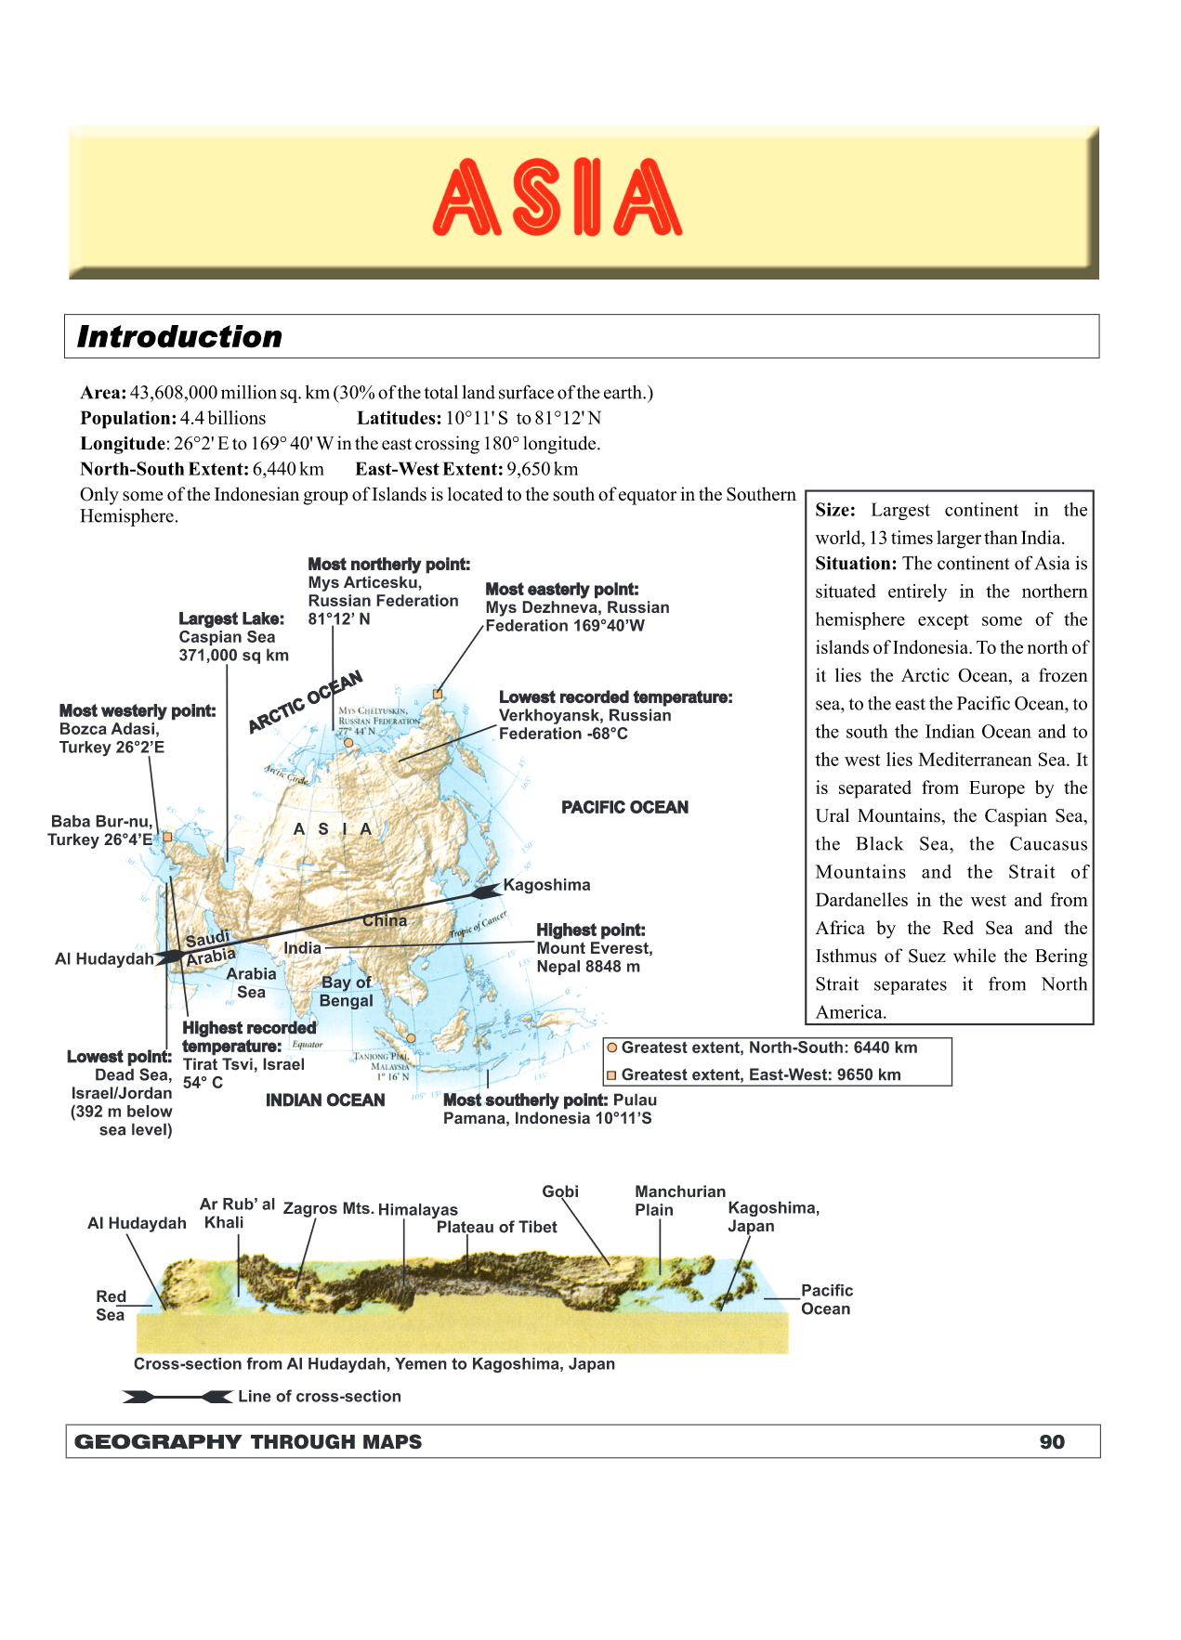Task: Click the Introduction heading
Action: pyautogui.click(x=179, y=336)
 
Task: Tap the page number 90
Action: pyautogui.click(x=1052, y=1441)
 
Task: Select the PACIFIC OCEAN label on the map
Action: pyautogui.click(x=624, y=807)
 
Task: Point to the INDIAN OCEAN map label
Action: pyautogui.click(x=325, y=1100)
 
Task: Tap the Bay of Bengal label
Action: pyautogui.click(x=346, y=991)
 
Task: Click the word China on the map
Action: pyautogui.click(x=385, y=920)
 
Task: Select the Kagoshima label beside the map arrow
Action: pyautogui.click(x=546, y=885)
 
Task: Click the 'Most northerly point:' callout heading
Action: pyautogui.click(x=388, y=564)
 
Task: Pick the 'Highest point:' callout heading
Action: pyautogui.click(x=590, y=930)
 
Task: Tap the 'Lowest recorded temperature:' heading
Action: pyautogui.click(x=615, y=697)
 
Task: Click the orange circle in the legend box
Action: pyautogui.click(x=612, y=1048)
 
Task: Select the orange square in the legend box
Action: pyautogui.click(x=612, y=1075)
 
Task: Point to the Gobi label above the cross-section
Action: pyautogui.click(x=560, y=1191)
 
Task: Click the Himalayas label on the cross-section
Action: pyautogui.click(x=417, y=1209)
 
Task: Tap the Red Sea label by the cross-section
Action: pyautogui.click(x=111, y=1305)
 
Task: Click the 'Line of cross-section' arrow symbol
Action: pyautogui.click(x=177, y=1397)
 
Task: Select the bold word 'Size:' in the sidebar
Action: pyautogui.click(x=834, y=510)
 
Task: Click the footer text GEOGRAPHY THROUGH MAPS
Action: pyautogui.click(x=248, y=1441)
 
